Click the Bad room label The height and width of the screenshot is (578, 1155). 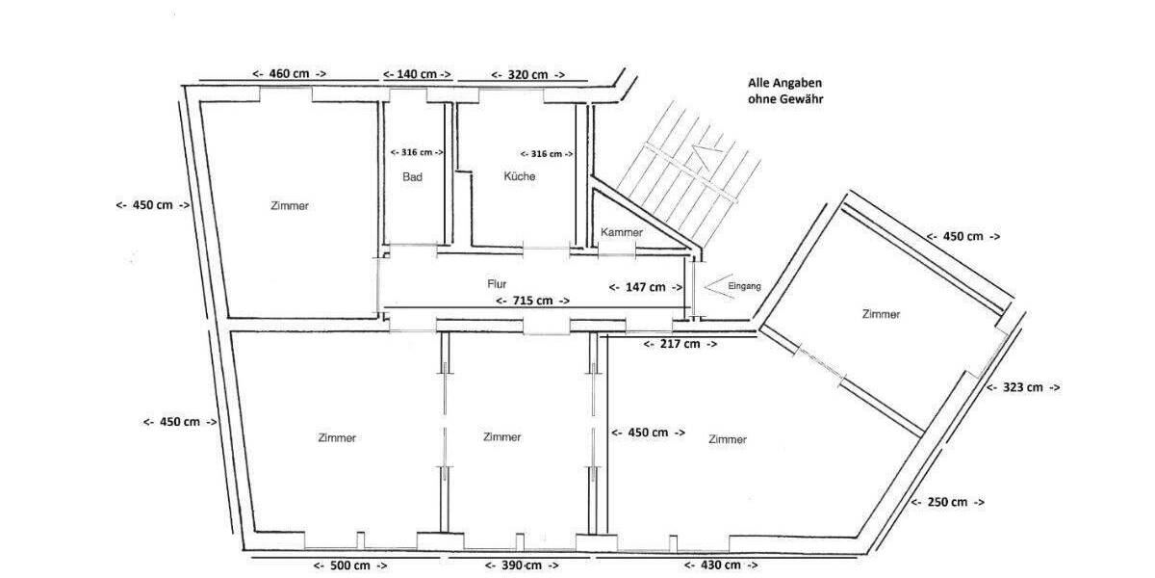(x=412, y=176)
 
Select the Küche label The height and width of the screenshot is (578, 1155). (x=519, y=176)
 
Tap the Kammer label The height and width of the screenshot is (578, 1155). (x=621, y=233)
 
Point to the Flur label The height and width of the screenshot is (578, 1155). (x=497, y=284)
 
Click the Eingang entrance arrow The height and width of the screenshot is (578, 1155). (x=715, y=286)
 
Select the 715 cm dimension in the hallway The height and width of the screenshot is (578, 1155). (x=525, y=301)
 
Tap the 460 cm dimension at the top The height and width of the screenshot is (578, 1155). (x=289, y=74)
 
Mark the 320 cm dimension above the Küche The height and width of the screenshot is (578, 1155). (x=526, y=74)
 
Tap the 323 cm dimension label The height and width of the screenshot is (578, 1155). (x=1022, y=387)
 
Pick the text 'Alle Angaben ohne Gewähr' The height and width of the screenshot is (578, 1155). (x=784, y=92)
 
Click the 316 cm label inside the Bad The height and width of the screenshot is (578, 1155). (x=417, y=152)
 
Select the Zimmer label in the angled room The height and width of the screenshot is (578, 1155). (x=881, y=314)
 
